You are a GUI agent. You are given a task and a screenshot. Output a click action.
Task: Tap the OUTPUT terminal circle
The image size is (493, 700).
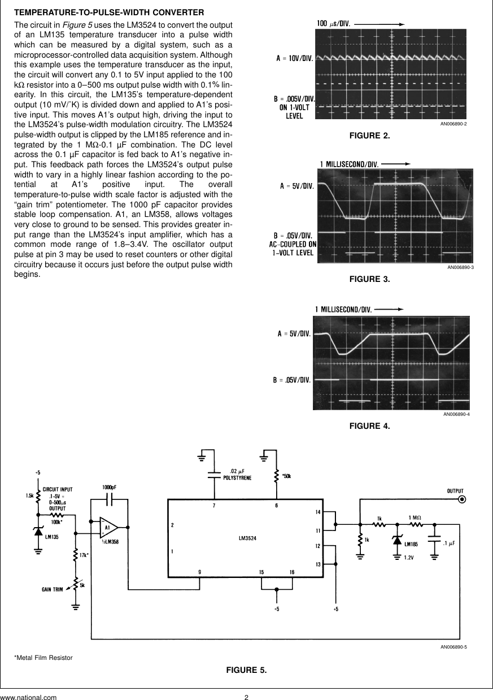pos(462,499)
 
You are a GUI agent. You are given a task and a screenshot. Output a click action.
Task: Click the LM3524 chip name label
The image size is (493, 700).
pos(247,538)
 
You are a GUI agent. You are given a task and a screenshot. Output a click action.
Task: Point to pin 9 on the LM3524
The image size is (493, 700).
pos(200,572)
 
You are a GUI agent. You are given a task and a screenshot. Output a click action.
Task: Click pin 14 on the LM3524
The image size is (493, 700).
pos(318,512)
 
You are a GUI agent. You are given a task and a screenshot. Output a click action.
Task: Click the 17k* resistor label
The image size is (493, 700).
pos(84,555)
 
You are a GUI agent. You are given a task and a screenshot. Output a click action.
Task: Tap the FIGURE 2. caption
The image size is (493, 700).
pos(370,136)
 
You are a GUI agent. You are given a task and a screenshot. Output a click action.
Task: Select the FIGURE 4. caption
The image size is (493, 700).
pos(370,426)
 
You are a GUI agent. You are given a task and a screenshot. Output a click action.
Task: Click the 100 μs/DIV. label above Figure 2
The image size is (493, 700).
pos(333,24)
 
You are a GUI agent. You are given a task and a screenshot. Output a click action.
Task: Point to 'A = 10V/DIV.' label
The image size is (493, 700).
pos(295,58)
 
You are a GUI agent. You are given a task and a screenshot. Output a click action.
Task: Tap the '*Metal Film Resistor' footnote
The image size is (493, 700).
pos(43,658)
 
